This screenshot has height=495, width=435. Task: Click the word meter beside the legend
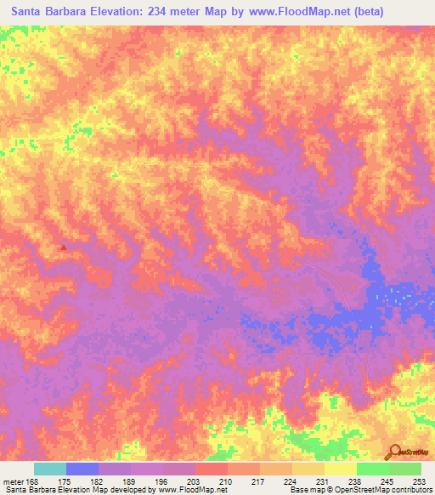coord(14,481)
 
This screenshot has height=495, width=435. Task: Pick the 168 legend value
coord(34,481)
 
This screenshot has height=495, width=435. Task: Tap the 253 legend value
coord(420,481)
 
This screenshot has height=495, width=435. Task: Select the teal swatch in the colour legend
coord(50,469)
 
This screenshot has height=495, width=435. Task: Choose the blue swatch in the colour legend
coord(82,469)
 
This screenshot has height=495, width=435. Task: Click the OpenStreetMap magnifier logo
coord(394,451)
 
